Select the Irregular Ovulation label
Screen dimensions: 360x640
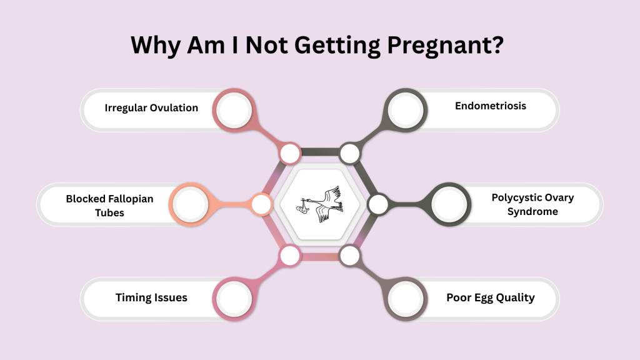151,107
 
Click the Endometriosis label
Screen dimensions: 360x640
490,106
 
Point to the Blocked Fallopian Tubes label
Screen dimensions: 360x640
109,206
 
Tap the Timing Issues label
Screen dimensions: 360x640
151,297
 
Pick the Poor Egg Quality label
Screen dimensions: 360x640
490,297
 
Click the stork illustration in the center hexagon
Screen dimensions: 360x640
320,203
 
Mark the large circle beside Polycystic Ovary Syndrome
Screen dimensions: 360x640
451,204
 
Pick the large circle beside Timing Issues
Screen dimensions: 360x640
234,297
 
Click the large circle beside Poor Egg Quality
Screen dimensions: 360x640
406,297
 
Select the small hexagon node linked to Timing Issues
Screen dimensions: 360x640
290,255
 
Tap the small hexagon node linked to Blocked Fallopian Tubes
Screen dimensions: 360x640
261,204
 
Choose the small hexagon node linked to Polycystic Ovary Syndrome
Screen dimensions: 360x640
378,204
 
